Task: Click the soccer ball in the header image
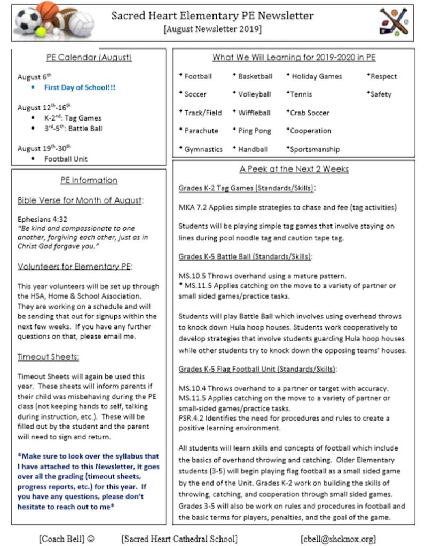click(x=27, y=20)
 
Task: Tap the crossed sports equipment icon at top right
click(x=393, y=22)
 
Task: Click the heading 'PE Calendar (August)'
click(x=89, y=58)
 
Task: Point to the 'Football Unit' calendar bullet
click(x=66, y=159)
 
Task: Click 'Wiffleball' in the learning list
click(x=254, y=113)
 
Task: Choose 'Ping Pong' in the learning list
click(x=254, y=131)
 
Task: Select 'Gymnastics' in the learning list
click(x=203, y=149)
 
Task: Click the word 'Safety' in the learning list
click(x=381, y=94)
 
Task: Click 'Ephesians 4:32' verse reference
click(x=43, y=219)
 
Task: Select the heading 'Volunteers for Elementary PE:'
click(x=75, y=266)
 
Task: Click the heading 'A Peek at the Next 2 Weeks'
click(x=294, y=169)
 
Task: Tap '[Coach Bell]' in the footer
click(x=61, y=539)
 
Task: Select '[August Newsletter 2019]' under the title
click(x=212, y=29)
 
